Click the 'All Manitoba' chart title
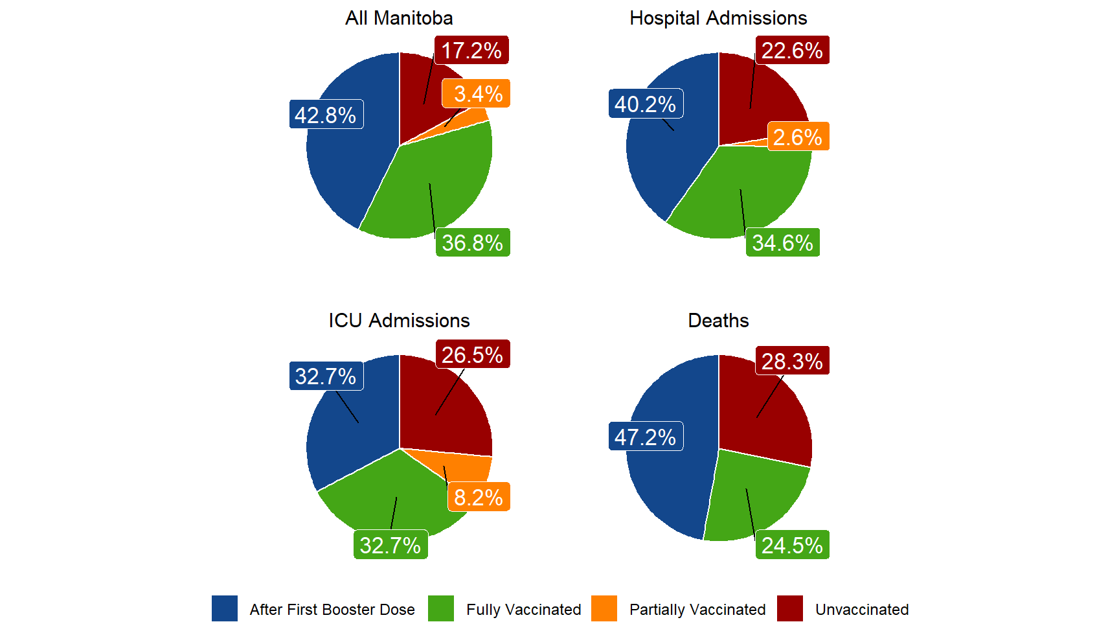[399, 18]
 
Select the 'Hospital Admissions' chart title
[718, 18]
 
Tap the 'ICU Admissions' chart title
[399, 321]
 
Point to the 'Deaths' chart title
[718, 321]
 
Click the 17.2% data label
[471, 51]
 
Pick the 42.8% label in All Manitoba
[326, 115]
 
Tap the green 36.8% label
[473, 243]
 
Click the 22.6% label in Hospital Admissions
[792, 51]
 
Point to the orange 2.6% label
[798, 137]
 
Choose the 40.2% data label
[646, 104]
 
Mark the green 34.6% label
[782, 243]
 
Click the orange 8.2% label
[479, 497]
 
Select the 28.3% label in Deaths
[792, 361]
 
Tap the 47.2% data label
[646, 437]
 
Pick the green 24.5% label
[792, 546]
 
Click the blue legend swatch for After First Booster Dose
[224, 609]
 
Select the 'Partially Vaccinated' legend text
[697, 610]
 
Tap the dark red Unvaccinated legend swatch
[790, 609]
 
